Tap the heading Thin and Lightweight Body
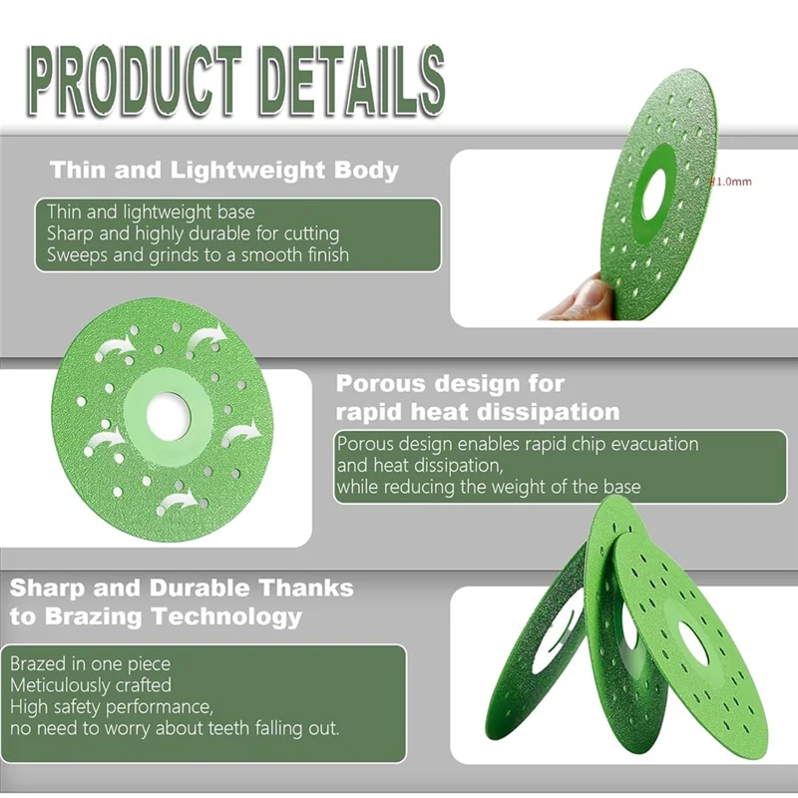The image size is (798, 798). [x=224, y=170]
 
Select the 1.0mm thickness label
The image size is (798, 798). [x=730, y=182]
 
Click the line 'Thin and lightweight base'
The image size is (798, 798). [x=151, y=212]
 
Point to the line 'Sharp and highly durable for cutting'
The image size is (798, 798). [x=194, y=233]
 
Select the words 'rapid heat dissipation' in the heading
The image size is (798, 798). [x=478, y=412]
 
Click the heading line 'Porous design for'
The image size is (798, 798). [x=450, y=383]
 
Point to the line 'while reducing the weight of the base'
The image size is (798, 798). [x=489, y=487]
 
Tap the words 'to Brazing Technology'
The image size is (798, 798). [x=156, y=616]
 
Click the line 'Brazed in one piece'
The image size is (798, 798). [x=91, y=663]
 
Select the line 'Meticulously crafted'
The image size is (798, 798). [x=91, y=685]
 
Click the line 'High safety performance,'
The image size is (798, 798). [x=112, y=707]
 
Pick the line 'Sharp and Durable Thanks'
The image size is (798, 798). [x=182, y=587]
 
